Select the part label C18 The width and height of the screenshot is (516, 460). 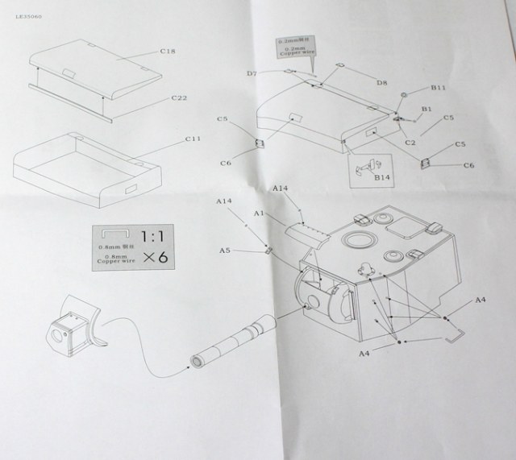tap(168, 52)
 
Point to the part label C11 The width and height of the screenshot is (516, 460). tap(192, 139)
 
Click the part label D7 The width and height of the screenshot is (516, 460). tap(252, 73)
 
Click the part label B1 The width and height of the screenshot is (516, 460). tap(427, 109)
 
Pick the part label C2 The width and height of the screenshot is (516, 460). tap(410, 143)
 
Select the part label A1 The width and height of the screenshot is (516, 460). tap(259, 213)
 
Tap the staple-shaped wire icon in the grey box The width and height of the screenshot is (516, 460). tap(118, 234)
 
